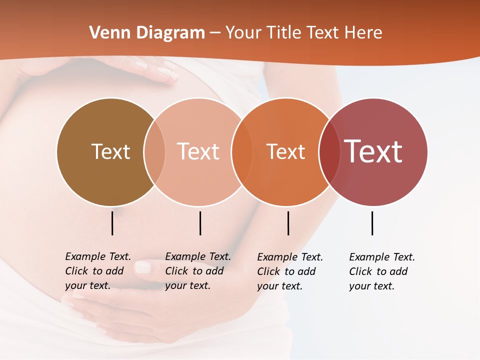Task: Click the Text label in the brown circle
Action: coord(110,151)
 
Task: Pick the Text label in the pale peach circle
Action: coord(198,151)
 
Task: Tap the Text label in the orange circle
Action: coord(285,151)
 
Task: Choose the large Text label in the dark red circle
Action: coord(373,151)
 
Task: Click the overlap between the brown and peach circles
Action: coord(154,151)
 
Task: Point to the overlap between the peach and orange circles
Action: coord(242,151)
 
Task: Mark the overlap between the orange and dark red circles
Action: coord(329,151)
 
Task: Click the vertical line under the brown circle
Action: coord(112,223)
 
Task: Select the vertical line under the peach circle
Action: coord(200,223)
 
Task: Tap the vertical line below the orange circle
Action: coord(288,223)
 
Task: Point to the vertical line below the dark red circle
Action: coord(372,223)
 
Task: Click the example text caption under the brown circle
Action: coord(97,271)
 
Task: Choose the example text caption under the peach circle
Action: coord(197,271)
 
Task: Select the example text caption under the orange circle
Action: coord(289,271)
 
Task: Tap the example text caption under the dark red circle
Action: coord(381,271)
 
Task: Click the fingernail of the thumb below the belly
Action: coord(143,267)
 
